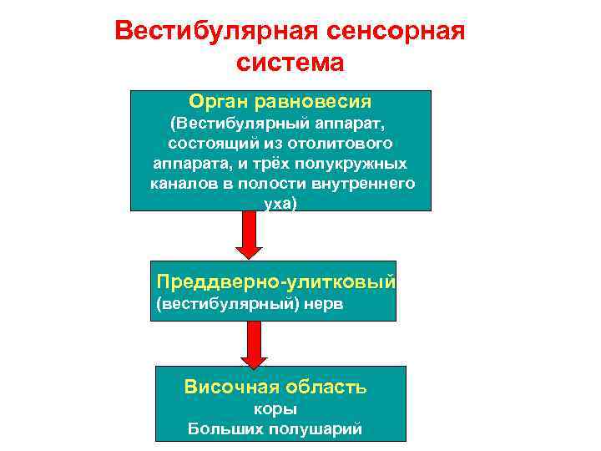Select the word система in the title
click(290, 63)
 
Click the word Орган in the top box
click(215, 102)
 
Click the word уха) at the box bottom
click(280, 202)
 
